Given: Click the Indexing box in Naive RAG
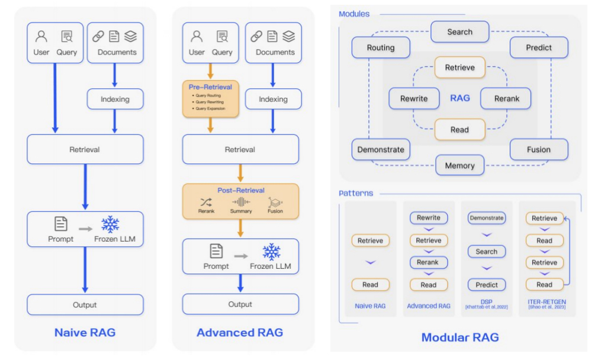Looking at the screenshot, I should pos(115,99).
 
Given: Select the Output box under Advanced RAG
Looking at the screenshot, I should pos(240,304).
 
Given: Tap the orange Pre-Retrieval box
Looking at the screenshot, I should pos(210,99).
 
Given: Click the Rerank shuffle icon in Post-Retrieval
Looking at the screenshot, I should pos(206,202).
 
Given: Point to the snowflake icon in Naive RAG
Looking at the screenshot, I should pos(110,224).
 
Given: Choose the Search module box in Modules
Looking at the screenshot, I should pos(459,32).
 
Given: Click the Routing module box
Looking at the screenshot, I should pos(380,47).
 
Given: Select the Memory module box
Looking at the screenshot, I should pos(459,166).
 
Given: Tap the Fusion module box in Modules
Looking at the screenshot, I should pos(538,150).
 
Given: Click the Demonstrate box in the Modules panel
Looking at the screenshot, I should pos(380,150).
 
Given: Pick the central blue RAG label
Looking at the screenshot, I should pos(459,98).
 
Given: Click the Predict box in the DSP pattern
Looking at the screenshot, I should pos(486,285).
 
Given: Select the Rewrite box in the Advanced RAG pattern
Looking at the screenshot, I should pos(428,218).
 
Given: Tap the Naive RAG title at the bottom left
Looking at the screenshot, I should pos(85,333).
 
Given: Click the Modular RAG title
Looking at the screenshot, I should pos(459,337).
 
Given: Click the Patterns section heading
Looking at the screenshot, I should pos(356,193).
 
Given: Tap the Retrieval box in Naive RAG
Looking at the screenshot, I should pos(85,149).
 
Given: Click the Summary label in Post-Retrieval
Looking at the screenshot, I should pos(241,211).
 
